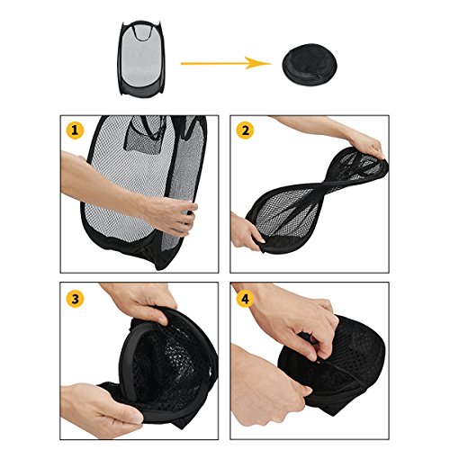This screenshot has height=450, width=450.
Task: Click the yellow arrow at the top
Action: (x=226, y=63)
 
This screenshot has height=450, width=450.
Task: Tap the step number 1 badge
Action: (x=75, y=130)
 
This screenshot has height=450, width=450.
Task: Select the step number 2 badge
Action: (x=245, y=130)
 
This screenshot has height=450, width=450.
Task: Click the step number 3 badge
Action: (x=75, y=299)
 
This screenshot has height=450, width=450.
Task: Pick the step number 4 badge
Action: (x=245, y=299)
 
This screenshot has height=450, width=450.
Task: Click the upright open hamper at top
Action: (x=141, y=58)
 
